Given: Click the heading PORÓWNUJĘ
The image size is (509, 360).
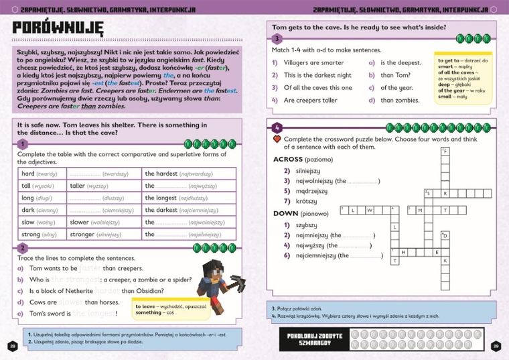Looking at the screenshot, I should coord(58,28).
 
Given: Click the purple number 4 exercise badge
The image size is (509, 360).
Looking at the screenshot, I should coord(277,128).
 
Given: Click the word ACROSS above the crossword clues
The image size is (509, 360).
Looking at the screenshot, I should coord(288,160).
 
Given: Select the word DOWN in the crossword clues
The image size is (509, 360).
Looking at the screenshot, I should coord(286,214).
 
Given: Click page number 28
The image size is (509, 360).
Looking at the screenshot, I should coord(12,346).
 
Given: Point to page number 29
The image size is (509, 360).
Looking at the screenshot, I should coord(496,346).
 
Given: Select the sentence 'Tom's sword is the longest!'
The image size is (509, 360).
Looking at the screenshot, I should coord(87,314).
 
